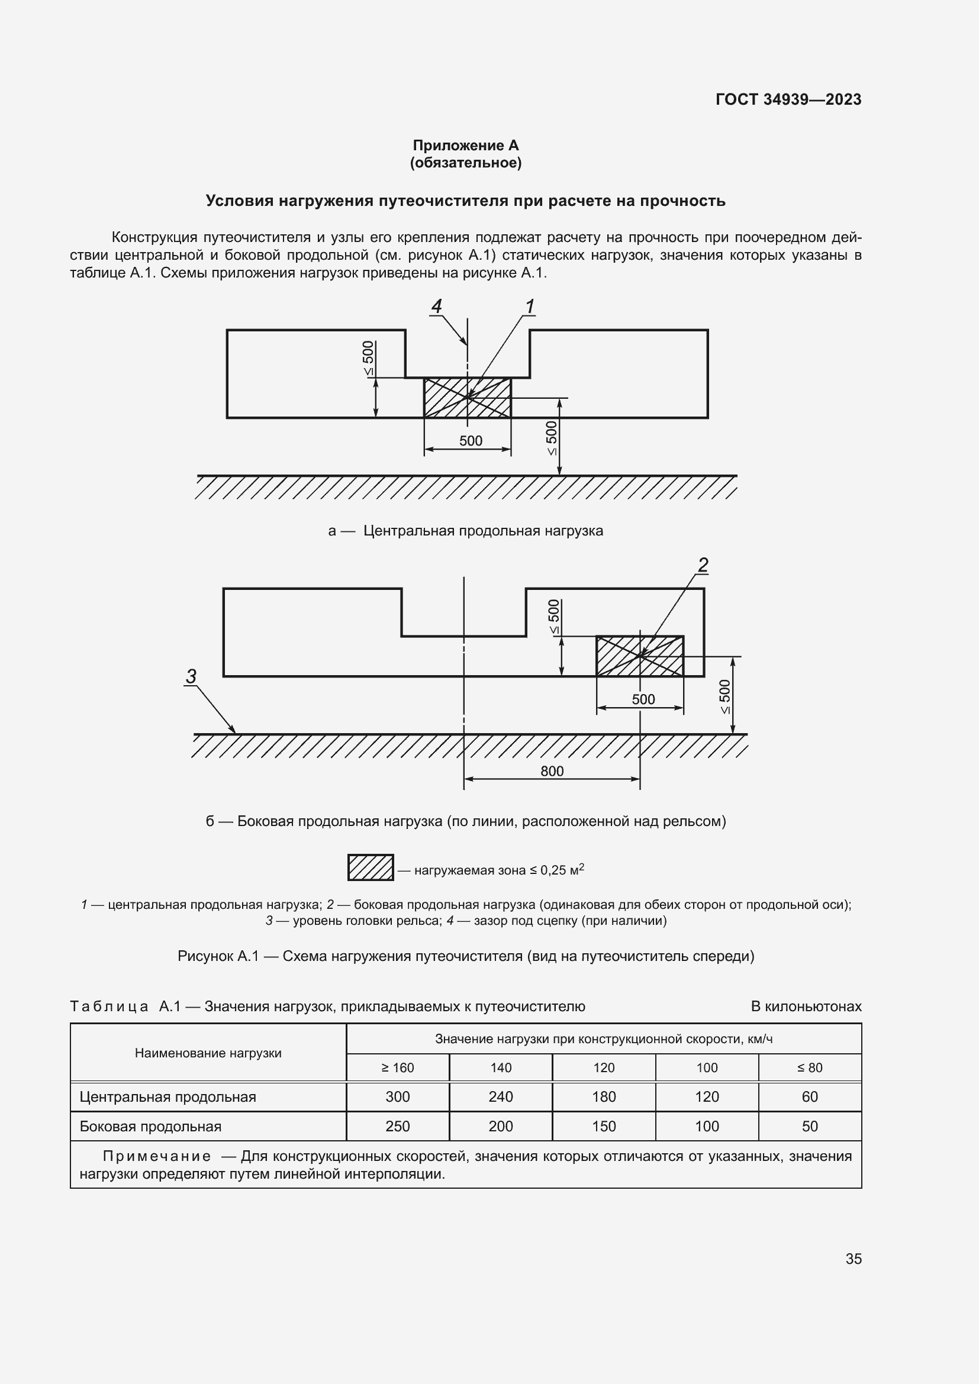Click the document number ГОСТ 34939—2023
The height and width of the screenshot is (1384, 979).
click(788, 99)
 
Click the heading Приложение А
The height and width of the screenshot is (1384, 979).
click(465, 146)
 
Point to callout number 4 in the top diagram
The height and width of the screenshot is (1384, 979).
click(436, 307)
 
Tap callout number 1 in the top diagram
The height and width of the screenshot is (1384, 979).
click(529, 307)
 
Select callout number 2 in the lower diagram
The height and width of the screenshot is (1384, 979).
click(703, 565)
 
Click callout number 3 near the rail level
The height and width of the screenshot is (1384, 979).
click(191, 676)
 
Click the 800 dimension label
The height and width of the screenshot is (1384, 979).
click(552, 771)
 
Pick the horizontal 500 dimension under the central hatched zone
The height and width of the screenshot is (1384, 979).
click(470, 441)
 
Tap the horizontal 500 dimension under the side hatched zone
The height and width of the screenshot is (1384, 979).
click(643, 699)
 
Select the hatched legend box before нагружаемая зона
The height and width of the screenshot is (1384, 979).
click(371, 867)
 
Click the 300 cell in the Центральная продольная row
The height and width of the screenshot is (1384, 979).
click(397, 1096)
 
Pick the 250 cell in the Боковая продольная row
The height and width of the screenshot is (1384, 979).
click(397, 1126)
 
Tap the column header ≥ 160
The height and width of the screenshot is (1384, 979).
click(397, 1067)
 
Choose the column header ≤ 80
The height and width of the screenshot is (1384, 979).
click(810, 1067)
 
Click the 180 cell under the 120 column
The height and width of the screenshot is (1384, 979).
click(603, 1096)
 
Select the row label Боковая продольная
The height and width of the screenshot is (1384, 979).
click(151, 1126)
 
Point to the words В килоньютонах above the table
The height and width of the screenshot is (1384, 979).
click(806, 1006)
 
